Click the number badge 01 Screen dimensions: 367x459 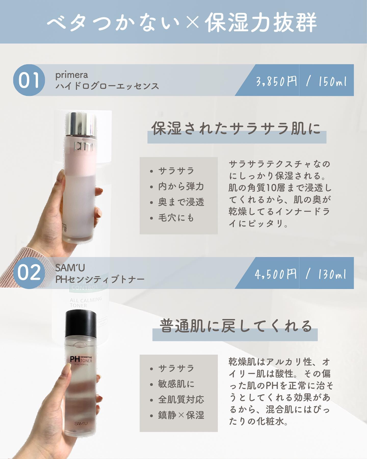[x=29, y=80]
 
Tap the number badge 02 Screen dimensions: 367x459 [x=29, y=273]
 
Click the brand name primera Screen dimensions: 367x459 [x=72, y=75]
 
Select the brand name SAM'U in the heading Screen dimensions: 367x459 [x=70, y=268]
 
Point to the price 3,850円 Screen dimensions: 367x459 [x=277, y=81]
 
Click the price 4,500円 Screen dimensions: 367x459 [x=276, y=274]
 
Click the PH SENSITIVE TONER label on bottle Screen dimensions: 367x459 [x=81, y=360]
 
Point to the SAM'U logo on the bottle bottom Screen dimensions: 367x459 [x=81, y=424]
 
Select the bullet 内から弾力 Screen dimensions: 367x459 [x=181, y=186]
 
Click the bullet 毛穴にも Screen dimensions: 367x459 [x=176, y=218]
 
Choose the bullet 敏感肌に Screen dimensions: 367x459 [x=176, y=384]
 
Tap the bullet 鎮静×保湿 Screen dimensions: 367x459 [x=181, y=415]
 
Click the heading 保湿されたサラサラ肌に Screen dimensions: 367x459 [x=236, y=128]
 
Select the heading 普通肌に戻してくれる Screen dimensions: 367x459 [x=236, y=326]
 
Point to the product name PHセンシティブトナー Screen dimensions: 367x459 [x=100, y=279]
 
